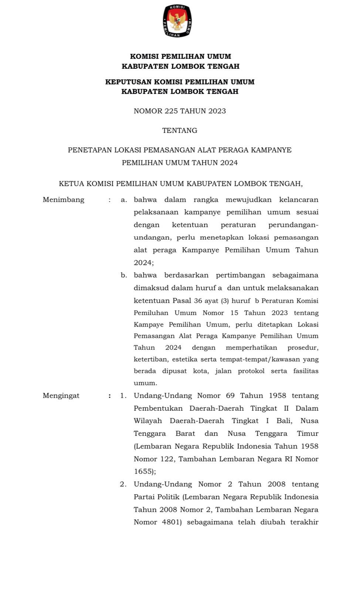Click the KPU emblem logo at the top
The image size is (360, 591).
[177, 21]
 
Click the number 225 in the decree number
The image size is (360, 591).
[171, 111]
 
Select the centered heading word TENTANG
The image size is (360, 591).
[180, 130]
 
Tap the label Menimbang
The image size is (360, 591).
[64, 200]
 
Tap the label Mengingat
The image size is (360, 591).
[61, 396]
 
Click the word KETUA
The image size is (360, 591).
[71, 184]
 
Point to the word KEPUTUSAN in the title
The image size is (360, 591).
[128, 82]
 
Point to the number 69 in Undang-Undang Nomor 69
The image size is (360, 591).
[230, 396]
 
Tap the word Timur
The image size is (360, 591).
[308, 434]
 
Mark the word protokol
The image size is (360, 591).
[251, 371]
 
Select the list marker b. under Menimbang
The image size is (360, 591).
[124, 275]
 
